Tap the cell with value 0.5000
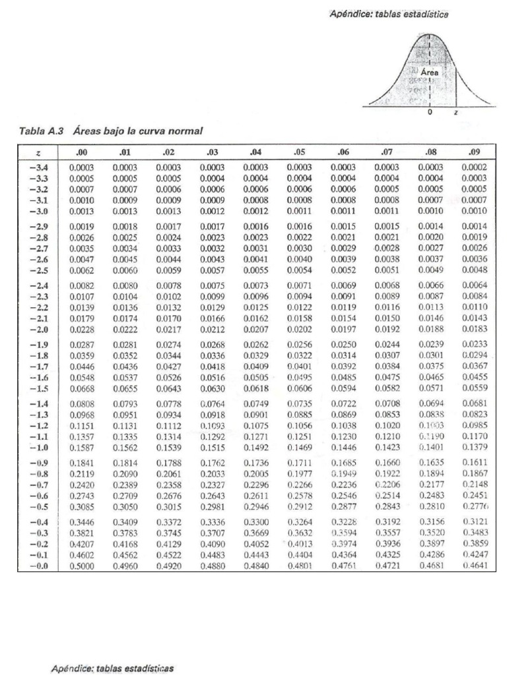(x=81, y=567)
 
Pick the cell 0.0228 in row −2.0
(x=81, y=329)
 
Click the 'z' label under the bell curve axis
(x=455, y=113)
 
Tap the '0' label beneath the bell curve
(x=430, y=113)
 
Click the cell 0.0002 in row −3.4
(x=473, y=167)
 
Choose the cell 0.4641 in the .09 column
(x=473, y=567)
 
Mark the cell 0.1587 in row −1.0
(x=81, y=448)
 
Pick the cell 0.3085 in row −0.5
(x=81, y=508)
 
